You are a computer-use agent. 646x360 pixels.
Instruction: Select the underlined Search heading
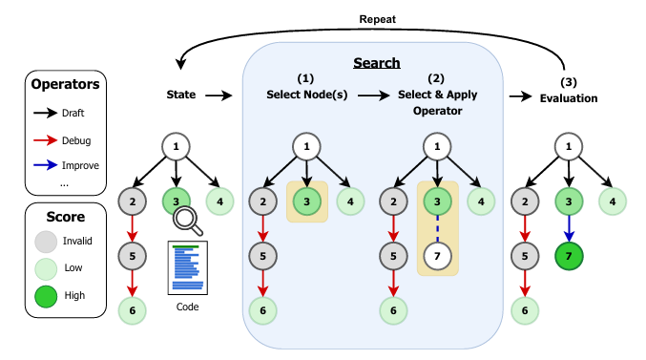click(377, 63)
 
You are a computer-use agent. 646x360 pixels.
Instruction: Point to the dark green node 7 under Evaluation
click(569, 256)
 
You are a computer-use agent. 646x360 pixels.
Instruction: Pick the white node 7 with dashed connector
click(437, 256)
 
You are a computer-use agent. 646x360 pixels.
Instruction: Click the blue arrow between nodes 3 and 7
click(569, 227)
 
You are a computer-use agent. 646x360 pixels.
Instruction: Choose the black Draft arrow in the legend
click(46, 113)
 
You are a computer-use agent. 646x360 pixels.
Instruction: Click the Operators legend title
click(66, 84)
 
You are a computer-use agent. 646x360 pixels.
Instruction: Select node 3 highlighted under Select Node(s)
click(306, 201)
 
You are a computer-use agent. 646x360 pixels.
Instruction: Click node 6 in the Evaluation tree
click(524, 310)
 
